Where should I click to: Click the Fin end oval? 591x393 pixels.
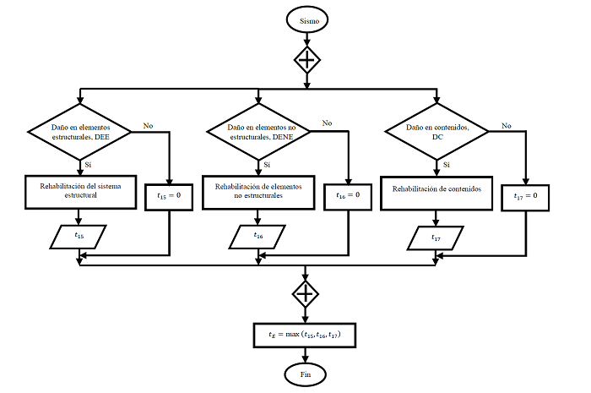point(306,372)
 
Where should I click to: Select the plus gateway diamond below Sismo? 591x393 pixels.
point(306,59)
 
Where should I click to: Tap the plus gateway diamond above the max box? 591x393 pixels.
point(306,293)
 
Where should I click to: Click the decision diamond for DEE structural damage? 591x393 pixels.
point(80,131)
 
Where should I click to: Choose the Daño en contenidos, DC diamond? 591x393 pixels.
point(436,131)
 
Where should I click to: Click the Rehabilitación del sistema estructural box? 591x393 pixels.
point(80,189)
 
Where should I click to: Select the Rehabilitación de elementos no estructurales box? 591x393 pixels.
point(258,190)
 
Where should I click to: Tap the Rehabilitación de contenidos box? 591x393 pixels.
point(436,190)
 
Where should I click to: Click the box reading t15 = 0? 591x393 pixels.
point(171,194)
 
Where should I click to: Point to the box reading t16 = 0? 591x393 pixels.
point(348,194)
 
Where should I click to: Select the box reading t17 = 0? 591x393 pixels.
point(525,196)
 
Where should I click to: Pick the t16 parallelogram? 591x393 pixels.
point(258,236)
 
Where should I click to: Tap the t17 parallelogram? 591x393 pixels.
point(436,238)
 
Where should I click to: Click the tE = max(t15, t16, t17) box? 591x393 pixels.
point(306,335)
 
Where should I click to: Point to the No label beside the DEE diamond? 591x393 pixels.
point(149,126)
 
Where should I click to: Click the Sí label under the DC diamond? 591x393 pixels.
point(446,164)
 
